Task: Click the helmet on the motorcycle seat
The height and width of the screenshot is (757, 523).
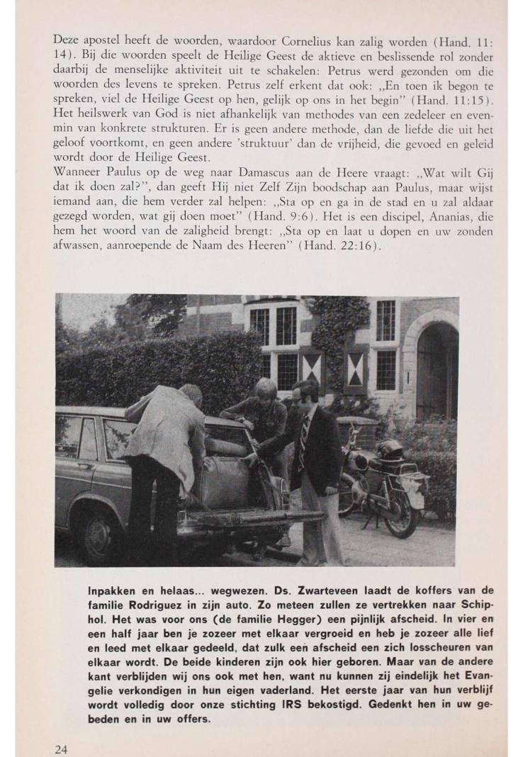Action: tap(391, 449)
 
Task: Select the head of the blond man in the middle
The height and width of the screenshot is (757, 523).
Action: tap(265, 392)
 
